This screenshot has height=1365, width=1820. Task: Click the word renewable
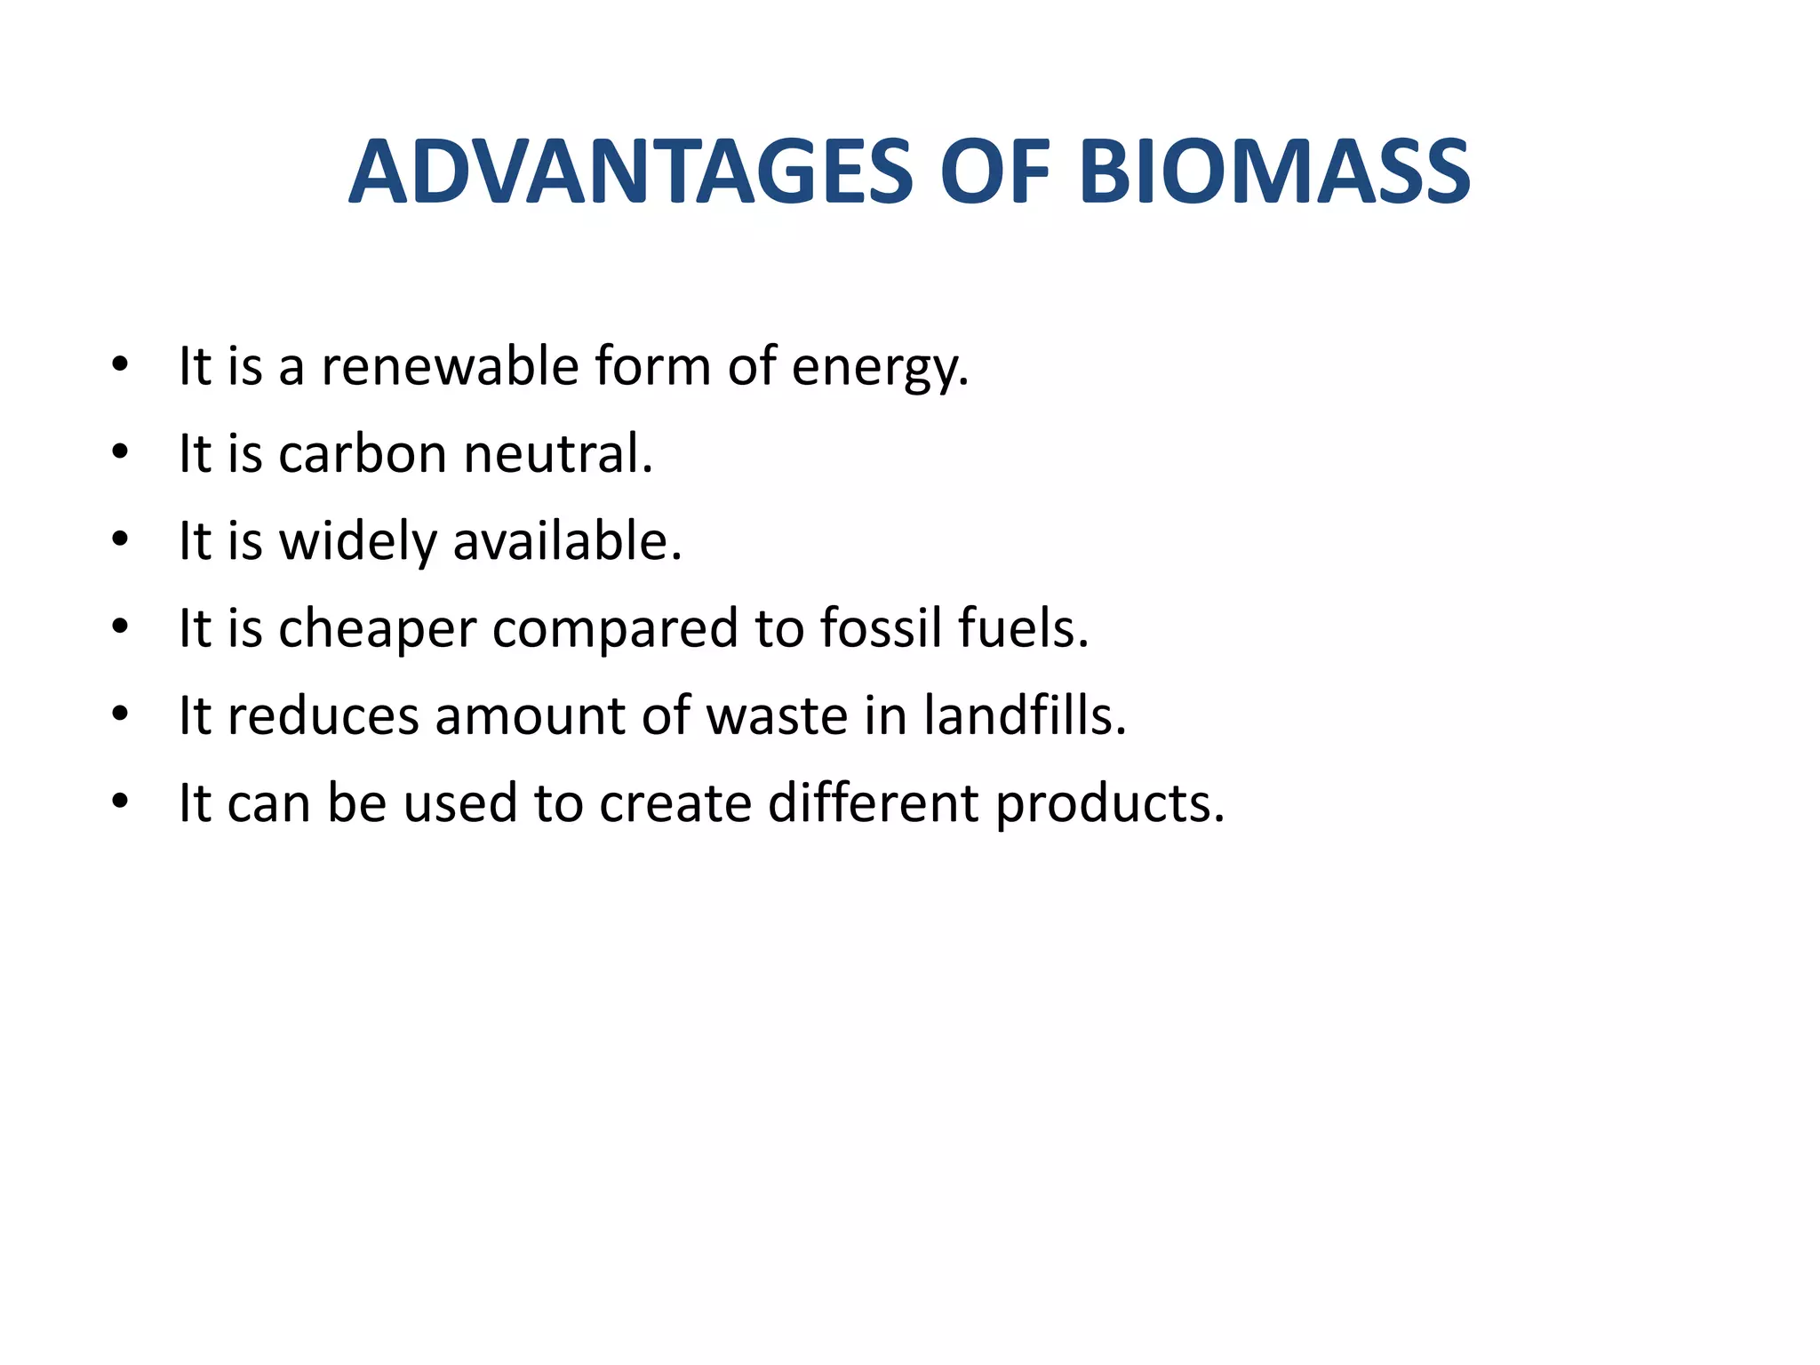[x=450, y=366]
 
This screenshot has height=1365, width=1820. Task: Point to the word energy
[x=880, y=368]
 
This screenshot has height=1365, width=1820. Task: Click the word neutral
[x=558, y=454]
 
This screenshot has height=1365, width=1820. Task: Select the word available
[x=567, y=541]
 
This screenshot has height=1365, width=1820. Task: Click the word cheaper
[x=378, y=629]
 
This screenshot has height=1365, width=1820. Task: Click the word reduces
[x=323, y=716]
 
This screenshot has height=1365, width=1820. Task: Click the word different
[x=874, y=803]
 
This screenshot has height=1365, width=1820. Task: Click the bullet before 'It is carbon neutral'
[x=121, y=454]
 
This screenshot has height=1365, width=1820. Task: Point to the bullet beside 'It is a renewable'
[x=121, y=366]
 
